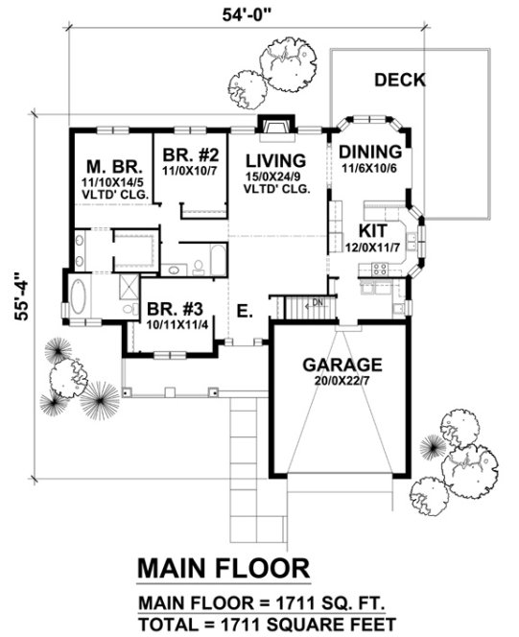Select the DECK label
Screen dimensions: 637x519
pos(399,80)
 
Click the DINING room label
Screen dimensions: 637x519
pos(366,152)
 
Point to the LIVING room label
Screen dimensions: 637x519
pos(274,159)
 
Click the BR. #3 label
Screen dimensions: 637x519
pos(176,310)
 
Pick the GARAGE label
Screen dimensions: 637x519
pos(342,365)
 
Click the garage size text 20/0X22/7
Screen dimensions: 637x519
pos(342,381)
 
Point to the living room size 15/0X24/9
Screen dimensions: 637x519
pos(274,176)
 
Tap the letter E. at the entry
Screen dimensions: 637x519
pos(246,309)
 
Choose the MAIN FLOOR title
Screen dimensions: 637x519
pos(224,567)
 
